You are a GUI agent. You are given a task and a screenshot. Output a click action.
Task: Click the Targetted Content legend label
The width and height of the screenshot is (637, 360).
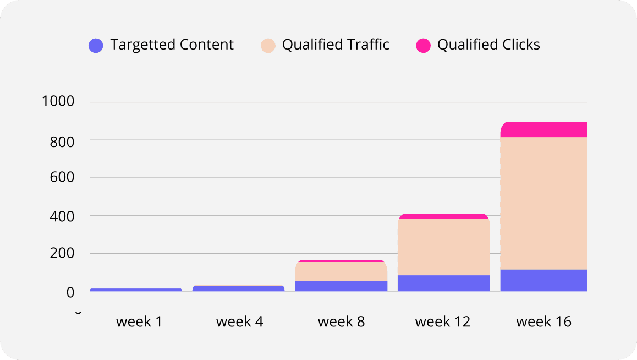coord(172,45)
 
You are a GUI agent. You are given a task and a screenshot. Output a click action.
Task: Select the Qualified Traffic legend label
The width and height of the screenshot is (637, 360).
coord(336,45)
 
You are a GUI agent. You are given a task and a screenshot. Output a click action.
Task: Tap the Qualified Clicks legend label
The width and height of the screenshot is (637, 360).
coord(488,45)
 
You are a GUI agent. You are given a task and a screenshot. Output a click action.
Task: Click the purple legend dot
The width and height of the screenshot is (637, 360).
coord(96,46)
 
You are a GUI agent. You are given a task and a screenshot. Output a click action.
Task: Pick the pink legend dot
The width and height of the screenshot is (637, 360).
coord(423,46)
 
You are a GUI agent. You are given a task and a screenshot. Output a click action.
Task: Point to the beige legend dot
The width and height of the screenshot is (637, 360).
coord(268,46)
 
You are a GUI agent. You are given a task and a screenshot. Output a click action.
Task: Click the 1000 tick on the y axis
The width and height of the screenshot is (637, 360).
coord(58,102)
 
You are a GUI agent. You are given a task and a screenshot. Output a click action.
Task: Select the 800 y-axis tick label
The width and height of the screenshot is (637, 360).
coord(62,141)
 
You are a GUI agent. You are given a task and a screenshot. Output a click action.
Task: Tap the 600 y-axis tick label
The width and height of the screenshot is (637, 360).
coord(62,178)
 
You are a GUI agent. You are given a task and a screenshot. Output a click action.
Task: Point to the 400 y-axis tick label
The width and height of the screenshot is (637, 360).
coord(62,216)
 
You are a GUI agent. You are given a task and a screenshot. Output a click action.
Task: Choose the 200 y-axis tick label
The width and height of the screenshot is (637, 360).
coord(62,254)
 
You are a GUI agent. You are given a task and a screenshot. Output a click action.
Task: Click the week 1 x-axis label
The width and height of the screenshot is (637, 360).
coord(139,321)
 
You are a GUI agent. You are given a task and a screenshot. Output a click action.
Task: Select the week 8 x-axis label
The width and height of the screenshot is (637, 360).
coord(341,321)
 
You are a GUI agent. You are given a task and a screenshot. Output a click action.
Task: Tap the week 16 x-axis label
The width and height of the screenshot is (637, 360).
coord(543,321)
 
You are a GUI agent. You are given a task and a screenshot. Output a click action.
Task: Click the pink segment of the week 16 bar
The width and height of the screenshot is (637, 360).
coord(543,129)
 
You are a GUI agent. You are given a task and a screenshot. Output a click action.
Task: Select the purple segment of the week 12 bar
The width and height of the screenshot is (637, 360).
coord(443,283)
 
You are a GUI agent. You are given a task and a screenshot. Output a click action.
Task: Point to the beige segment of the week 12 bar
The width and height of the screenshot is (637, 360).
coord(443,247)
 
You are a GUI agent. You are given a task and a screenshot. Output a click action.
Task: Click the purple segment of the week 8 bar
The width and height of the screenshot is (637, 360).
coord(341,286)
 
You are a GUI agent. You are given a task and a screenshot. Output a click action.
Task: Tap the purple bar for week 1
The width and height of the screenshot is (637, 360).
coord(136,290)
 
